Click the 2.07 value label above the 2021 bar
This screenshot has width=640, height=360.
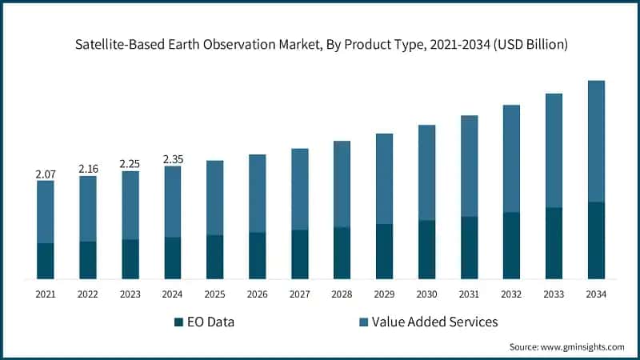[x=45, y=174]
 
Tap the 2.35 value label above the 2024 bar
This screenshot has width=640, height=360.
[x=172, y=159]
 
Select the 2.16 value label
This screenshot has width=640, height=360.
[x=87, y=170]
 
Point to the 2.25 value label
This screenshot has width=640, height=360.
[x=130, y=164]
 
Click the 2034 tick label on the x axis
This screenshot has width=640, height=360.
[x=596, y=294]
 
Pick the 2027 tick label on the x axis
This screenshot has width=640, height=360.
[x=299, y=294]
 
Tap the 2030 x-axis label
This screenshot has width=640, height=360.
[x=426, y=294]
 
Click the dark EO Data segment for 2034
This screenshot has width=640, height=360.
[x=596, y=240]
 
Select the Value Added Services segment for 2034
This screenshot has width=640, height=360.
[x=596, y=141]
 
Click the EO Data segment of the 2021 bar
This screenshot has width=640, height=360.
[x=45, y=261]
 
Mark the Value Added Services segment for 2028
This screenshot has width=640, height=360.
[x=342, y=184]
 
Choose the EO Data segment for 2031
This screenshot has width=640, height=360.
[x=469, y=247]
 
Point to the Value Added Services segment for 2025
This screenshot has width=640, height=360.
[x=214, y=198]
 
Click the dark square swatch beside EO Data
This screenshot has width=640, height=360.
[x=178, y=322]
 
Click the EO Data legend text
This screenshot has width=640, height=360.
[x=212, y=322]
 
